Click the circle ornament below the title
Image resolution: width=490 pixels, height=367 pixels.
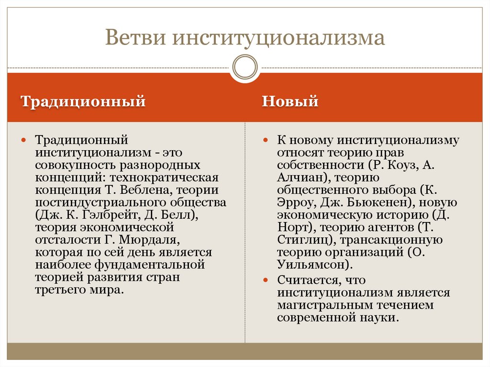[245, 66]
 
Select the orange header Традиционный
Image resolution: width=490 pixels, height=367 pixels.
[83, 102]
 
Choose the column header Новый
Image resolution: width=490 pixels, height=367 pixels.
[290, 102]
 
